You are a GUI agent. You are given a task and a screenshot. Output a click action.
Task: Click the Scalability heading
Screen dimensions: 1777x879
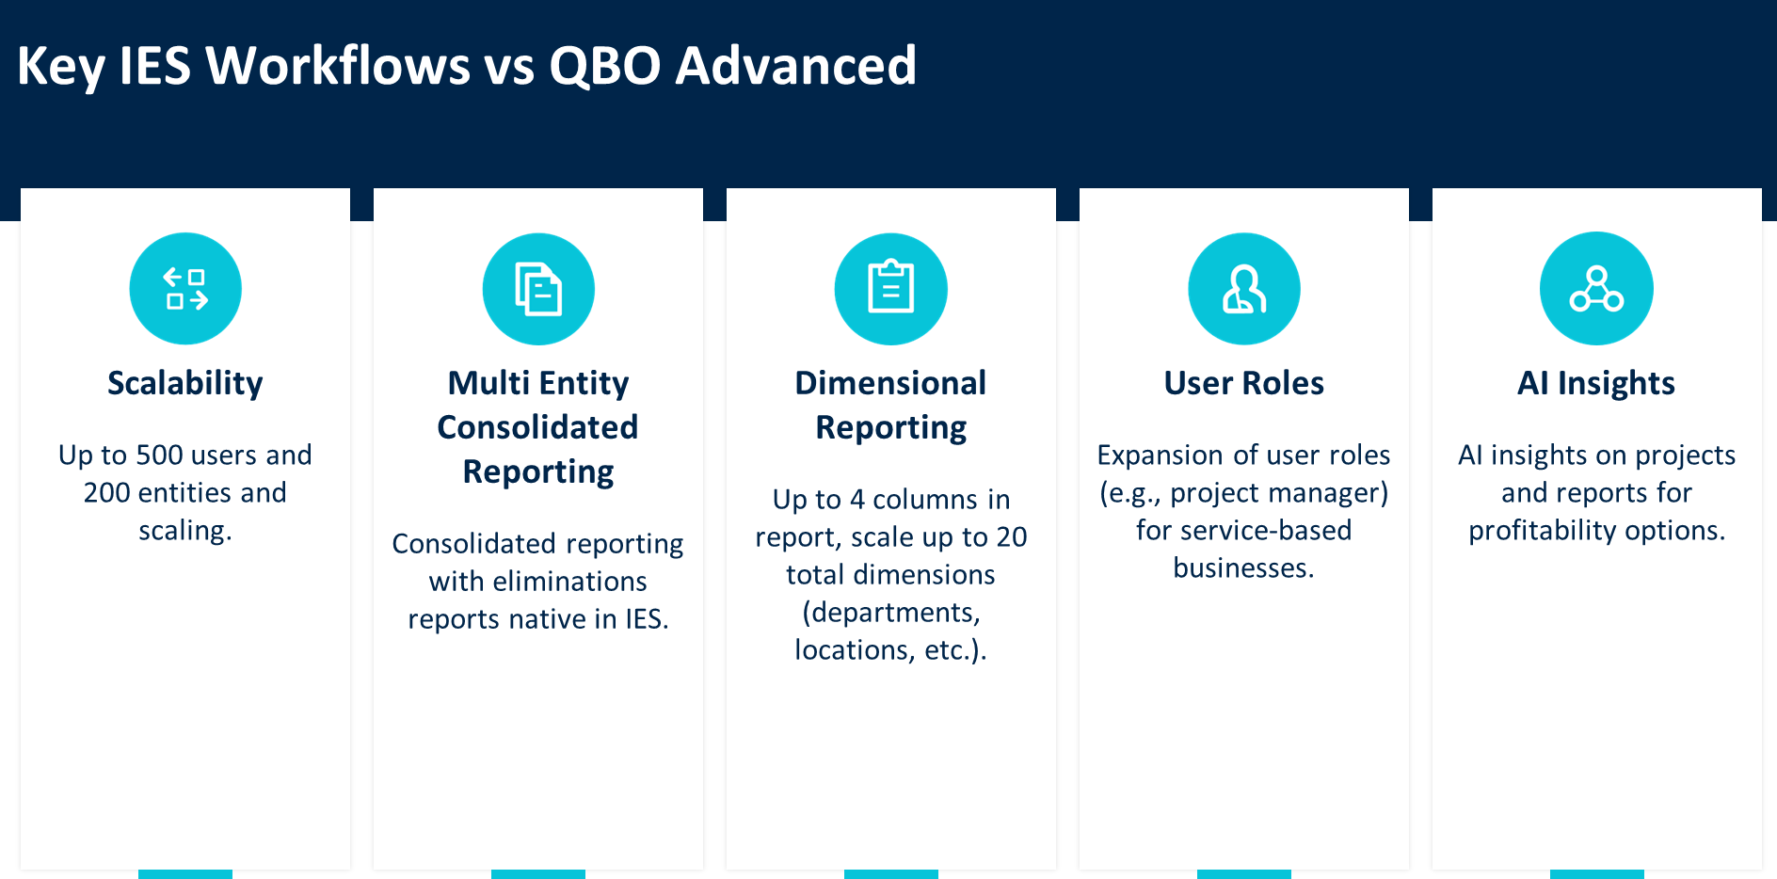pos(185,383)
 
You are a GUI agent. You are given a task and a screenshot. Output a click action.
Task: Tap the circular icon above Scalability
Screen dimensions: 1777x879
pos(185,288)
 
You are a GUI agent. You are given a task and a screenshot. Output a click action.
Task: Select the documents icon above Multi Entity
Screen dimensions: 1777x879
pos(538,289)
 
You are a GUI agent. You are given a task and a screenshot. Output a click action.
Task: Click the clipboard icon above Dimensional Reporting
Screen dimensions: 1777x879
pos(891,289)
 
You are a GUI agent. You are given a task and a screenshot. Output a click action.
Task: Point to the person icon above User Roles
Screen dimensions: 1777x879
pos(1244,289)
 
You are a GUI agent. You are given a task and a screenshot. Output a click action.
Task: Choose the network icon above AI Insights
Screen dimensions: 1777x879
pos(1596,288)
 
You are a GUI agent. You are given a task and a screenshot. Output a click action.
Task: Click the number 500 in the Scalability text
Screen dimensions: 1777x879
pos(159,455)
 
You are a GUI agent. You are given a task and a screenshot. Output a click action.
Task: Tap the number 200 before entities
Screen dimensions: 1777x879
pos(106,492)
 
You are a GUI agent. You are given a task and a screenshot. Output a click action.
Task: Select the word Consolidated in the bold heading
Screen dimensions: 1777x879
pos(537,427)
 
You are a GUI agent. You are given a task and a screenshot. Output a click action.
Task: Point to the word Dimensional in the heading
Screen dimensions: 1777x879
pos(890,383)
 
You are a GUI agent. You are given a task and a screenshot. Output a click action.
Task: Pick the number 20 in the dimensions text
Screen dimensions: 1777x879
pos(1012,537)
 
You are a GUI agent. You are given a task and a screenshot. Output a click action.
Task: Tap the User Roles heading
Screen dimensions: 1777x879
pos(1244,383)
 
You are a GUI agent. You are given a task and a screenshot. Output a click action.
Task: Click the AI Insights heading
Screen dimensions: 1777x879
pos(1596,383)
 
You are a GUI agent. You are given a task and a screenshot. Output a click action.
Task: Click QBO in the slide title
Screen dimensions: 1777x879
pos(605,66)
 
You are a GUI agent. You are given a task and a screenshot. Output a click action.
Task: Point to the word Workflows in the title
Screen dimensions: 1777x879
pos(338,66)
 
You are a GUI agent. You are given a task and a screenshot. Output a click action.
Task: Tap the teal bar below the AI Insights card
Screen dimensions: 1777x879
pos(1597,874)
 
